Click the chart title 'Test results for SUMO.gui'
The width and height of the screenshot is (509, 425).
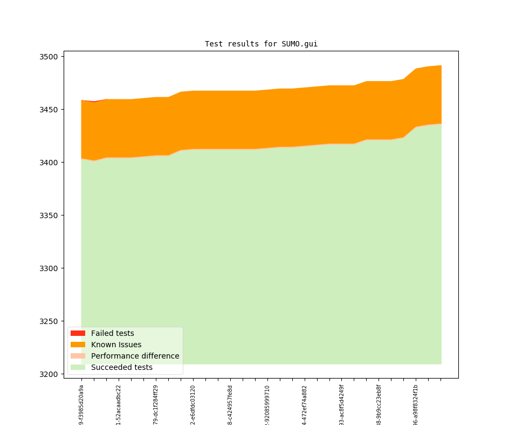(261, 44)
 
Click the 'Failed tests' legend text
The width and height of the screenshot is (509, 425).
(112, 333)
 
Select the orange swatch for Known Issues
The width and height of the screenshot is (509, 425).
(78, 345)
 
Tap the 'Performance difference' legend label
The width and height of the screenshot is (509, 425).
(135, 356)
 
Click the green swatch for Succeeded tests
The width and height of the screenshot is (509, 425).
(78, 367)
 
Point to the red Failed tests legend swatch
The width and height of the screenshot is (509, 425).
(78, 333)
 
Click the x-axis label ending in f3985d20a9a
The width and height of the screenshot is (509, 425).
(81, 405)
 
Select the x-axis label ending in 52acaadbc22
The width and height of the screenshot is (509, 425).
(119, 405)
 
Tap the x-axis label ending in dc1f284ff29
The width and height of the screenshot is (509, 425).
(156, 405)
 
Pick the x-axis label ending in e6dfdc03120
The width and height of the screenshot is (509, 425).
(193, 405)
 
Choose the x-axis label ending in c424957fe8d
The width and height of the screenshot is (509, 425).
(230, 405)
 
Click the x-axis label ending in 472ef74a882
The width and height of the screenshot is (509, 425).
(305, 405)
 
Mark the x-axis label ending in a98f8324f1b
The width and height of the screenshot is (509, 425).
(416, 405)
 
